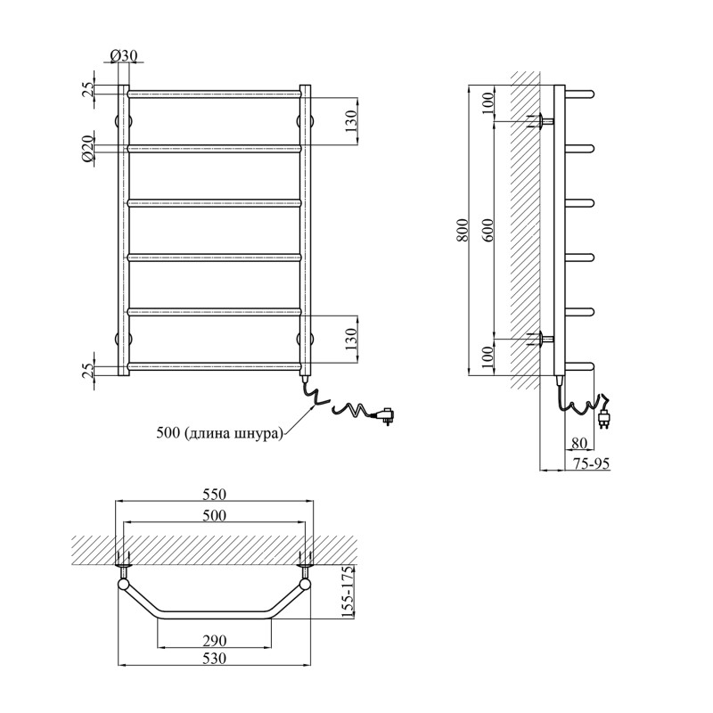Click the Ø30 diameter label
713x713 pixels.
tap(124, 55)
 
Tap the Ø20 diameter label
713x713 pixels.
tap(87, 148)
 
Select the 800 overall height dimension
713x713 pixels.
tap(463, 230)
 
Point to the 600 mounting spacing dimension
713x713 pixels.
tap(488, 230)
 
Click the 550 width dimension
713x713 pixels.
tap(214, 494)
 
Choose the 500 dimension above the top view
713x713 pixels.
tap(214, 515)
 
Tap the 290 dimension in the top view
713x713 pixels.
tap(214, 640)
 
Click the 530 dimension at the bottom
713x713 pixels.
tap(214, 658)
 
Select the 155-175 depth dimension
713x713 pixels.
tap(348, 592)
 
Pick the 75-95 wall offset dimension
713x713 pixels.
tap(591, 463)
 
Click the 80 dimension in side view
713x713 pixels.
tap(578, 442)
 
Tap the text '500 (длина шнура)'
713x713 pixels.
tap(219, 432)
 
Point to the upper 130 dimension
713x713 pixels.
tap(351, 121)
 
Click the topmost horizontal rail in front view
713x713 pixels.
tap(214, 94)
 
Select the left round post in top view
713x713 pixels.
tap(123, 585)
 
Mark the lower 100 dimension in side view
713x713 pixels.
tap(488, 357)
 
